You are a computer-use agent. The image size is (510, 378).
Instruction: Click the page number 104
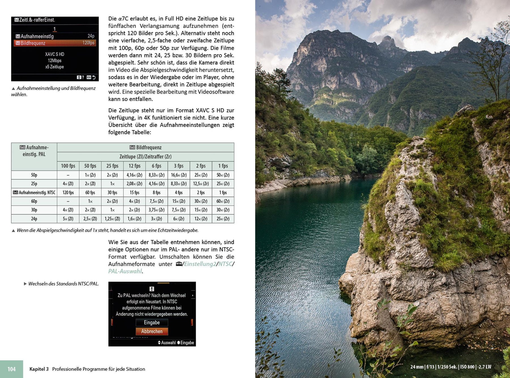pos(12,369)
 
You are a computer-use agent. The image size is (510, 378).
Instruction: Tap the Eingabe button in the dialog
pos(152,322)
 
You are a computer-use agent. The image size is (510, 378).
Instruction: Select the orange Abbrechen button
pos(152,331)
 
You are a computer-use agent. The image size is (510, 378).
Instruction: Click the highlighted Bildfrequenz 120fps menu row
pos(55,43)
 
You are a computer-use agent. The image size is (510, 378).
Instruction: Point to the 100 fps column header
pos(68,166)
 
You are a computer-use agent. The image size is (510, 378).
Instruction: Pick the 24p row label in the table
pos(34,219)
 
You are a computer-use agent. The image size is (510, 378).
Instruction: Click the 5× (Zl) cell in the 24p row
pos(68,219)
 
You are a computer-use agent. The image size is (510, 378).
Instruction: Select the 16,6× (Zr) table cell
pos(178,175)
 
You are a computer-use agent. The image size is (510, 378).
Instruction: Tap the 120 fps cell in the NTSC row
pos(68,193)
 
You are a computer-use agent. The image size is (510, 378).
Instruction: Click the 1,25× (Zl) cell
pos(112,219)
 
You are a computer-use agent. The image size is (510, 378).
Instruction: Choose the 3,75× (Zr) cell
pos(156,210)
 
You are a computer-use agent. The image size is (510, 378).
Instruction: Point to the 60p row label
pos(34,201)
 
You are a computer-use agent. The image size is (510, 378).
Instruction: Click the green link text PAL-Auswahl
pos(125,271)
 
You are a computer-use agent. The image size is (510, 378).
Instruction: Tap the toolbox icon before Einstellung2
pos(179,264)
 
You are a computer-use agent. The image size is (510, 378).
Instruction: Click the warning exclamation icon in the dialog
pos(152,289)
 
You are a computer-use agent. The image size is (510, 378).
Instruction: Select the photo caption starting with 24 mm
pos(450,367)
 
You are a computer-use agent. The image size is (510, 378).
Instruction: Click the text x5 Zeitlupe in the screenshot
pos(55,67)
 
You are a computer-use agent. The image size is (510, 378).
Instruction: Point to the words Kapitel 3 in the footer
pos(39,369)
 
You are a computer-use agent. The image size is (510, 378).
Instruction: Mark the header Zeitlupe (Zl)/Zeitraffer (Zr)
pos(145,157)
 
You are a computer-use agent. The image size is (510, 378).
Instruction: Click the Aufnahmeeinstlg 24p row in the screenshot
pos(55,36)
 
